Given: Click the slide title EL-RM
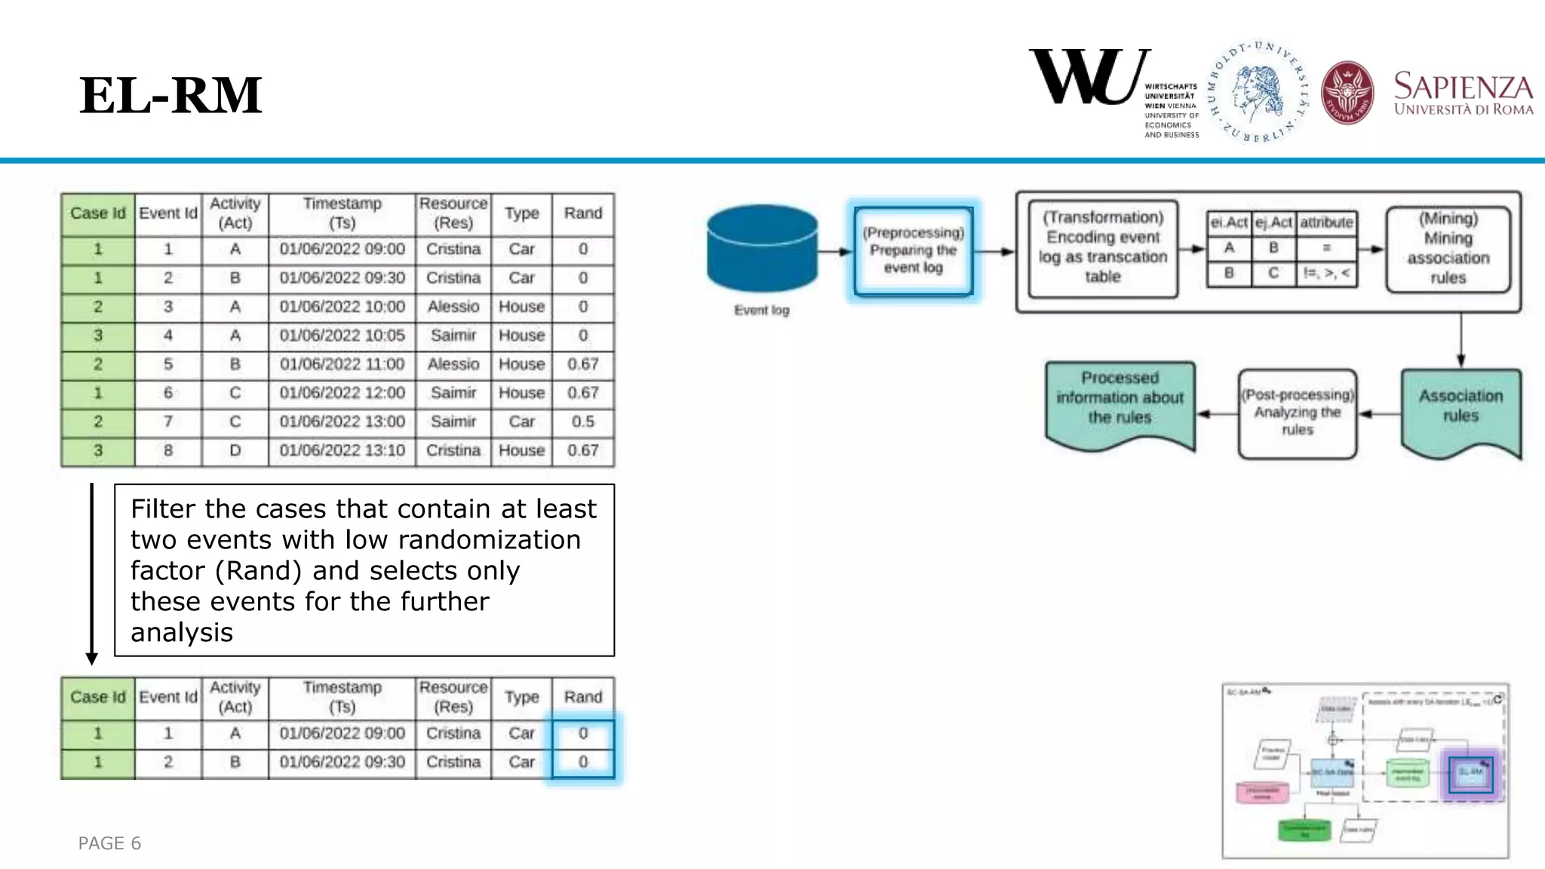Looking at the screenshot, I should (x=170, y=96).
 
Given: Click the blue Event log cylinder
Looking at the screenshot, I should (x=762, y=248).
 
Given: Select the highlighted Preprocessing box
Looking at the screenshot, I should (x=913, y=250).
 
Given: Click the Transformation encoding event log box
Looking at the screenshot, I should (x=1102, y=247).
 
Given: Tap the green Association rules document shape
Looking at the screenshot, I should (x=1460, y=410).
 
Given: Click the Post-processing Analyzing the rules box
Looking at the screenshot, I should (x=1297, y=413).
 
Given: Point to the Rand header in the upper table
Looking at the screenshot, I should (x=582, y=213).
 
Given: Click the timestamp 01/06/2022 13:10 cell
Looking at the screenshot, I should (x=342, y=450).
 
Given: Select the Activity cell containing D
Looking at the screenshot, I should (x=235, y=450).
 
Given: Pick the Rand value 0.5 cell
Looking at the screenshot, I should (x=582, y=422).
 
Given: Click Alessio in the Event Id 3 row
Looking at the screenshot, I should (x=453, y=307).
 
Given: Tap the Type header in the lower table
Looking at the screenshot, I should (x=521, y=697).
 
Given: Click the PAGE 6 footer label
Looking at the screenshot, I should (x=109, y=843).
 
